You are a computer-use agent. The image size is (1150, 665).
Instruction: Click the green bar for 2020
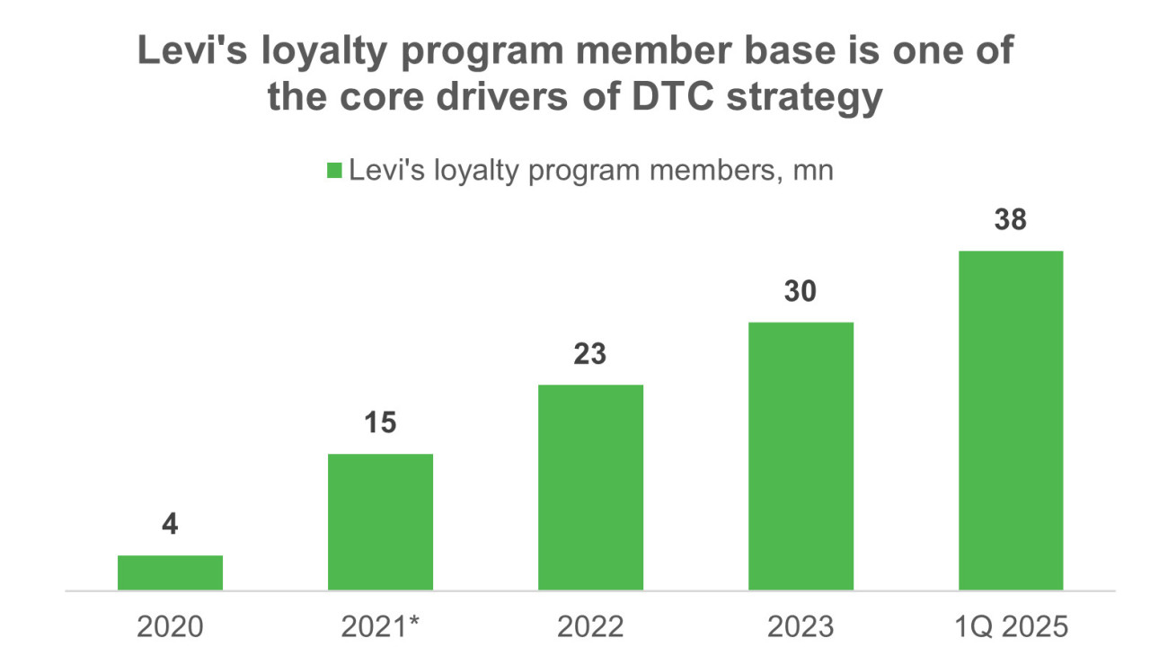(170, 572)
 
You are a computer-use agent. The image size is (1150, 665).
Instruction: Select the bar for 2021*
(380, 522)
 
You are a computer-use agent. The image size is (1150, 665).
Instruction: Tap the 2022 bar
(590, 487)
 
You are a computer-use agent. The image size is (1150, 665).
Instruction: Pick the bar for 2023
(801, 456)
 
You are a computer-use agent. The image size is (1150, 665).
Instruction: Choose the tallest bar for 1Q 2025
(1011, 420)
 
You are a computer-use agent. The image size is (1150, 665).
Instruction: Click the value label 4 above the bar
(170, 525)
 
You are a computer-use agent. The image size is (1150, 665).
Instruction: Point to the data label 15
(380, 423)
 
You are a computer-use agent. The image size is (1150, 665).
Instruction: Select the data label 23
(590, 354)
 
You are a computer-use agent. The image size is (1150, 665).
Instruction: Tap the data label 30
(801, 291)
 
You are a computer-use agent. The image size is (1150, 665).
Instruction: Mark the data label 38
(1011, 220)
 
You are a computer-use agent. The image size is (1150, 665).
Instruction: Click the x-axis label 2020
(170, 626)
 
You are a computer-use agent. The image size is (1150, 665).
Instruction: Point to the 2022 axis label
(590, 626)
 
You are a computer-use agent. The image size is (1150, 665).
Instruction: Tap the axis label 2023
(801, 626)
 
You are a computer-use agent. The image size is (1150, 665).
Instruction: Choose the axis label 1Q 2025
(1011, 626)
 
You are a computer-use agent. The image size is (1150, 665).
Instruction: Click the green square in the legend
(334, 171)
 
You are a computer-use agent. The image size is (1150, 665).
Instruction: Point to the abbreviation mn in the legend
(813, 171)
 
